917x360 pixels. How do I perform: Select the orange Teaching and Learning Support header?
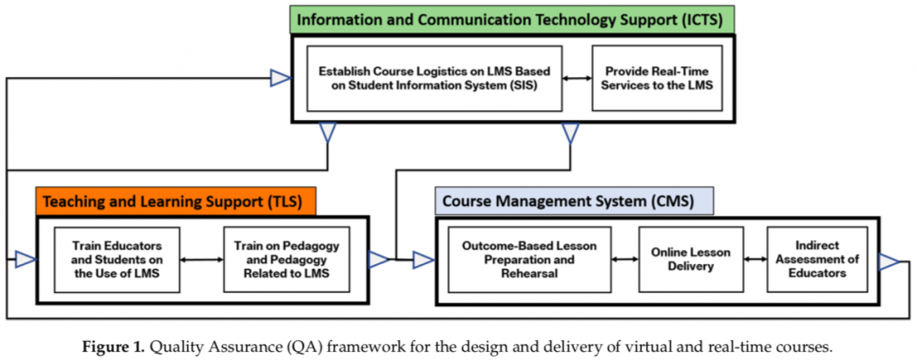point(175,200)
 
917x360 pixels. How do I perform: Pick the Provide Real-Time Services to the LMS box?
point(656,78)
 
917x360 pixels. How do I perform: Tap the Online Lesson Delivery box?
point(690,260)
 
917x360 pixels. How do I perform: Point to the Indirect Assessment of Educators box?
point(817,260)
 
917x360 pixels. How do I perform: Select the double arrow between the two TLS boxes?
point(202,260)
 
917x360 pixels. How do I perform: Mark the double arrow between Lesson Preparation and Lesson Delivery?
point(623,260)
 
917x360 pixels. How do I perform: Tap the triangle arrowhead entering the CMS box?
point(424,260)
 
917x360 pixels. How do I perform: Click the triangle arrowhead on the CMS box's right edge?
point(888,261)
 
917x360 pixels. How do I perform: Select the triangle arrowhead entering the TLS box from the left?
point(25,260)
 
